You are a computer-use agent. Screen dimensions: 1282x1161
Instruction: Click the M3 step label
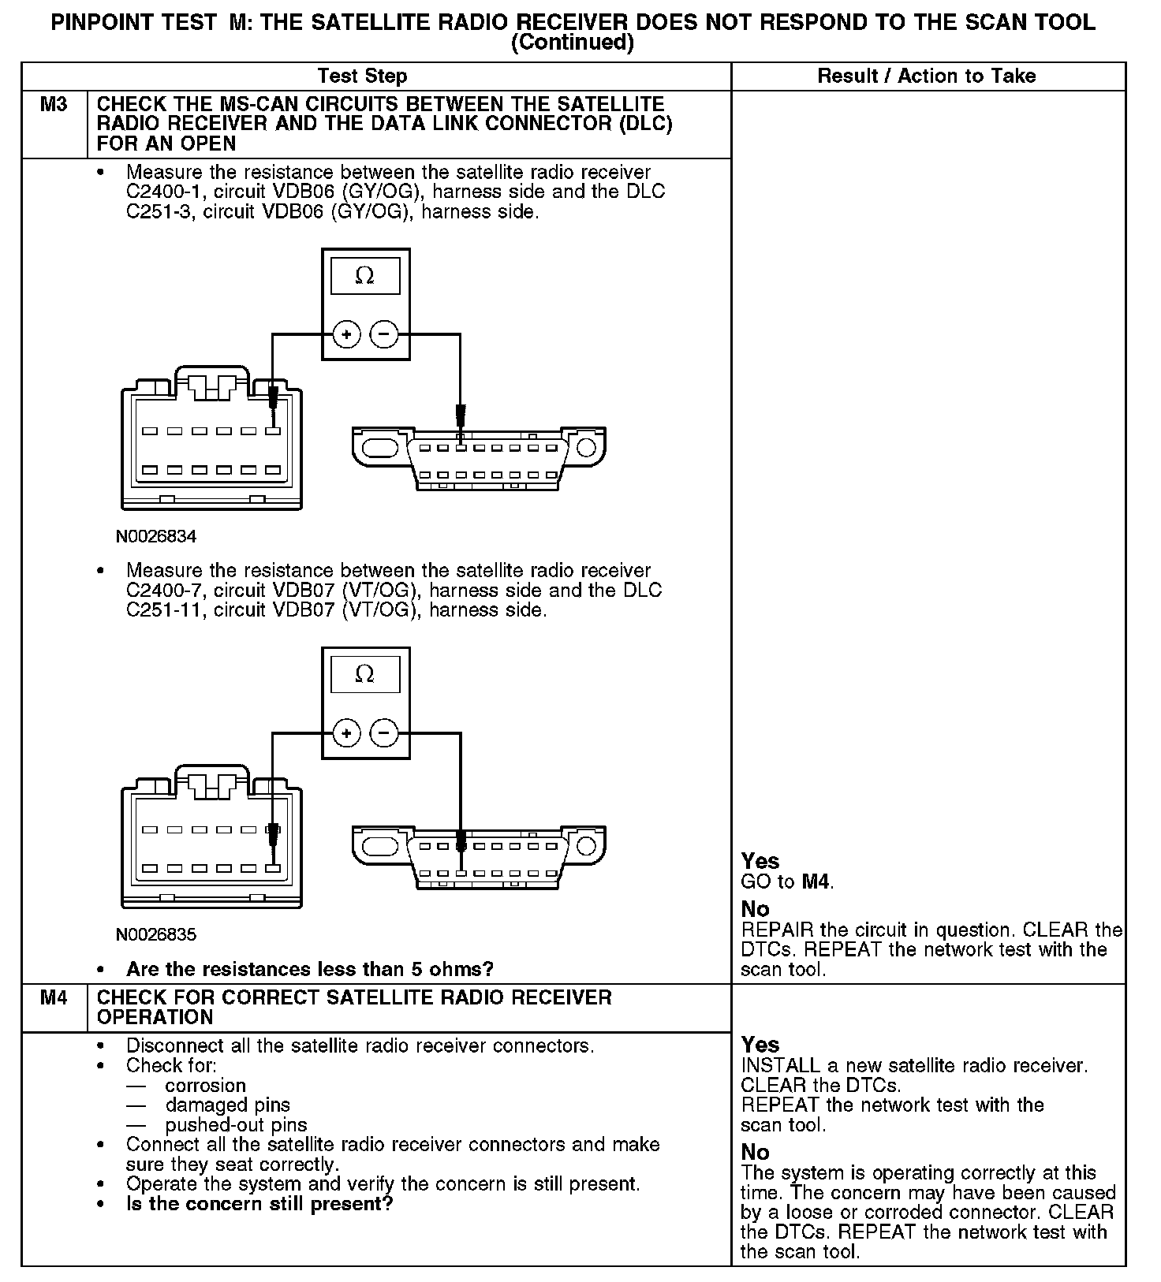(x=54, y=105)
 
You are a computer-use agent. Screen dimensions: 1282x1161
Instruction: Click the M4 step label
(x=54, y=998)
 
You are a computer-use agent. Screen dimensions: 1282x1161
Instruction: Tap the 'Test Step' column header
(x=362, y=76)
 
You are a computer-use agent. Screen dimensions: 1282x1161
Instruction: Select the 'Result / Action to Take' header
(x=926, y=76)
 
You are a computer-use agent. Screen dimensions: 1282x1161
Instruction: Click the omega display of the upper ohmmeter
(x=364, y=276)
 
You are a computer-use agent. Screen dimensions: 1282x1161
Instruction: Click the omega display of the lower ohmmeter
(x=364, y=675)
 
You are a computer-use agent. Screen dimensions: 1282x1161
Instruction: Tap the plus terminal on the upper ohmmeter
(x=346, y=335)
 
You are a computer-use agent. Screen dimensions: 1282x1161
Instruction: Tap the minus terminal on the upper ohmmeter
(x=384, y=335)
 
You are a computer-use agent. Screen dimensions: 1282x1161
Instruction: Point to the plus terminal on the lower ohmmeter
(x=346, y=734)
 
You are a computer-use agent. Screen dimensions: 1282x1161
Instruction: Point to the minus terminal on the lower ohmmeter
(x=384, y=734)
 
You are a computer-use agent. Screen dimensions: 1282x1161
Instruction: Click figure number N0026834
(x=156, y=537)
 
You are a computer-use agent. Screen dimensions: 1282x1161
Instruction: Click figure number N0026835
(x=156, y=935)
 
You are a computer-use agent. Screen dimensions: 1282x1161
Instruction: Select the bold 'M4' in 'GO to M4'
(x=816, y=882)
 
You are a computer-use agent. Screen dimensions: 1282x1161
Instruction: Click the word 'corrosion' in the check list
(x=205, y=1086)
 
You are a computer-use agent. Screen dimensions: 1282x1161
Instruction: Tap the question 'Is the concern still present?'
(x=259, y=1204)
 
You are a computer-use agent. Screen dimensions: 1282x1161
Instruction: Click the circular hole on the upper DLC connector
(x=585, y=449)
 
